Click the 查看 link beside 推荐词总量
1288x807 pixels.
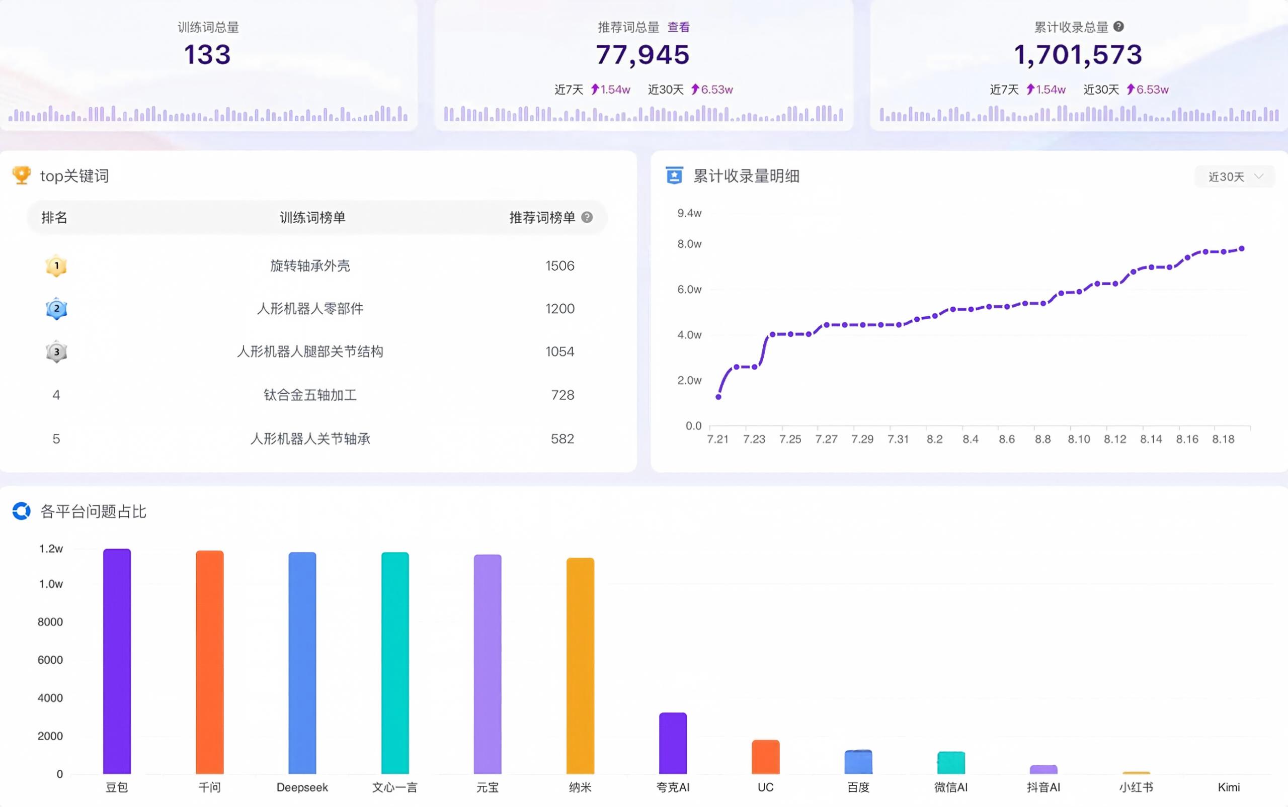pyautogui.click(x=678, y=27)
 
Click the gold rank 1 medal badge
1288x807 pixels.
pyautogui.click(x=56, y=266)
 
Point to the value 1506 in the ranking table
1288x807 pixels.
pyautogui.click(x=559, y=266)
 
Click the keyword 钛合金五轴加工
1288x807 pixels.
pyautogui.click(x=310, y=395)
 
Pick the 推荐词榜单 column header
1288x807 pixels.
pyautogui.click(x=542, y=217)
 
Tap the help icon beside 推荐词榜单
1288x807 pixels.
pyautogui.click(x=587, y=217)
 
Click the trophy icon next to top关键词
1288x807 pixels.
pyautogui.click(x=21, y=175)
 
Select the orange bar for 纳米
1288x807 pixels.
pyautogui.click(x=580, y=666)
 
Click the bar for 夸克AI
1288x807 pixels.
pyautogui.click(x=673, y=743)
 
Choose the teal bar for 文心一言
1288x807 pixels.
pyautogui.click(x=395, y=663)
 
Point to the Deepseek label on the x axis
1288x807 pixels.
pyautogui.click(x=302, y=787)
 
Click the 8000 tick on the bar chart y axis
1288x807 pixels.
pyautogui.click(x=50, y=622)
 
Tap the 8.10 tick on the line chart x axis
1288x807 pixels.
pyautogui.click(x=1079, y=439)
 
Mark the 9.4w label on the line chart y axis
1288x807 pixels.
pyautogui.click(x=689, y=214)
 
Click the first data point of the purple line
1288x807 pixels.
pyautogui.click(x=718, y=397)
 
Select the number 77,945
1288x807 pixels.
pyautogui.click(x=643, y=55)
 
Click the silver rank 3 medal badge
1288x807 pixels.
pyautogui.click(x=56, y=352)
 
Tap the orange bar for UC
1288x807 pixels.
pyautogui.click(x=766, y=757)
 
